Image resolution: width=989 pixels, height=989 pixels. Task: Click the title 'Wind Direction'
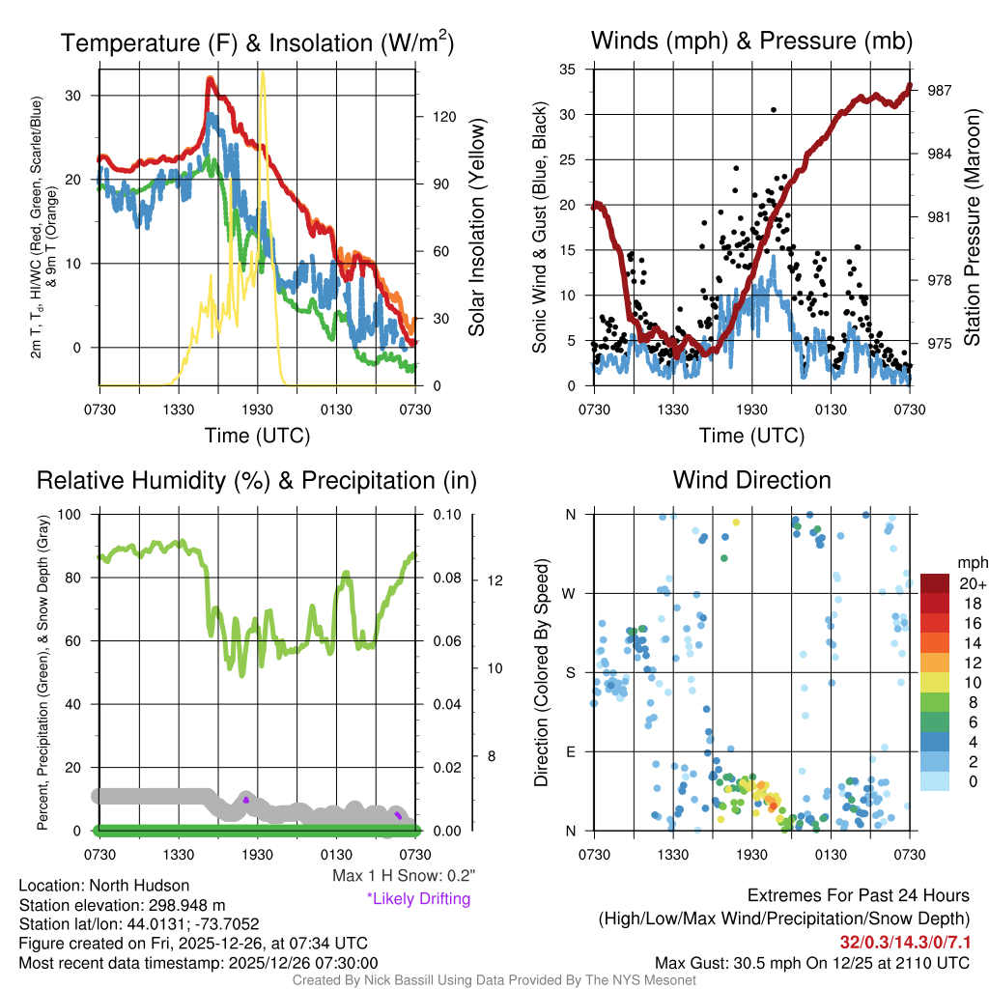751,480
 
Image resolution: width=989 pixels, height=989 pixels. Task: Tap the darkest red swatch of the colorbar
936,583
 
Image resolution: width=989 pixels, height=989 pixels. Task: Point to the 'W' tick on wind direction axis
571,593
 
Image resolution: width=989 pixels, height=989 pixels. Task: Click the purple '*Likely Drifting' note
418,899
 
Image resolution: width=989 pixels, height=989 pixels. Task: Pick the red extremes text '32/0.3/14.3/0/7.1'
905,942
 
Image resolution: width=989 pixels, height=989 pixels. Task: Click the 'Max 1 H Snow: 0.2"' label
403,876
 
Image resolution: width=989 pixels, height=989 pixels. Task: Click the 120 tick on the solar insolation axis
443,116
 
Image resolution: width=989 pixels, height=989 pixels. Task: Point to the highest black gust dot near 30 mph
774,110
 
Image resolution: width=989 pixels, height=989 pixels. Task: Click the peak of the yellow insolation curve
262,72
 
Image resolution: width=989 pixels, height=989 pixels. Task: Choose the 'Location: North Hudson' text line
104,886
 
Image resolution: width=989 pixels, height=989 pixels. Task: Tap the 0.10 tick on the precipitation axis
445,514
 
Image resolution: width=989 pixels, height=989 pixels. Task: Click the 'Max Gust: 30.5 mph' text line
812,962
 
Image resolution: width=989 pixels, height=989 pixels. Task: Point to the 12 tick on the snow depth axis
492,580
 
